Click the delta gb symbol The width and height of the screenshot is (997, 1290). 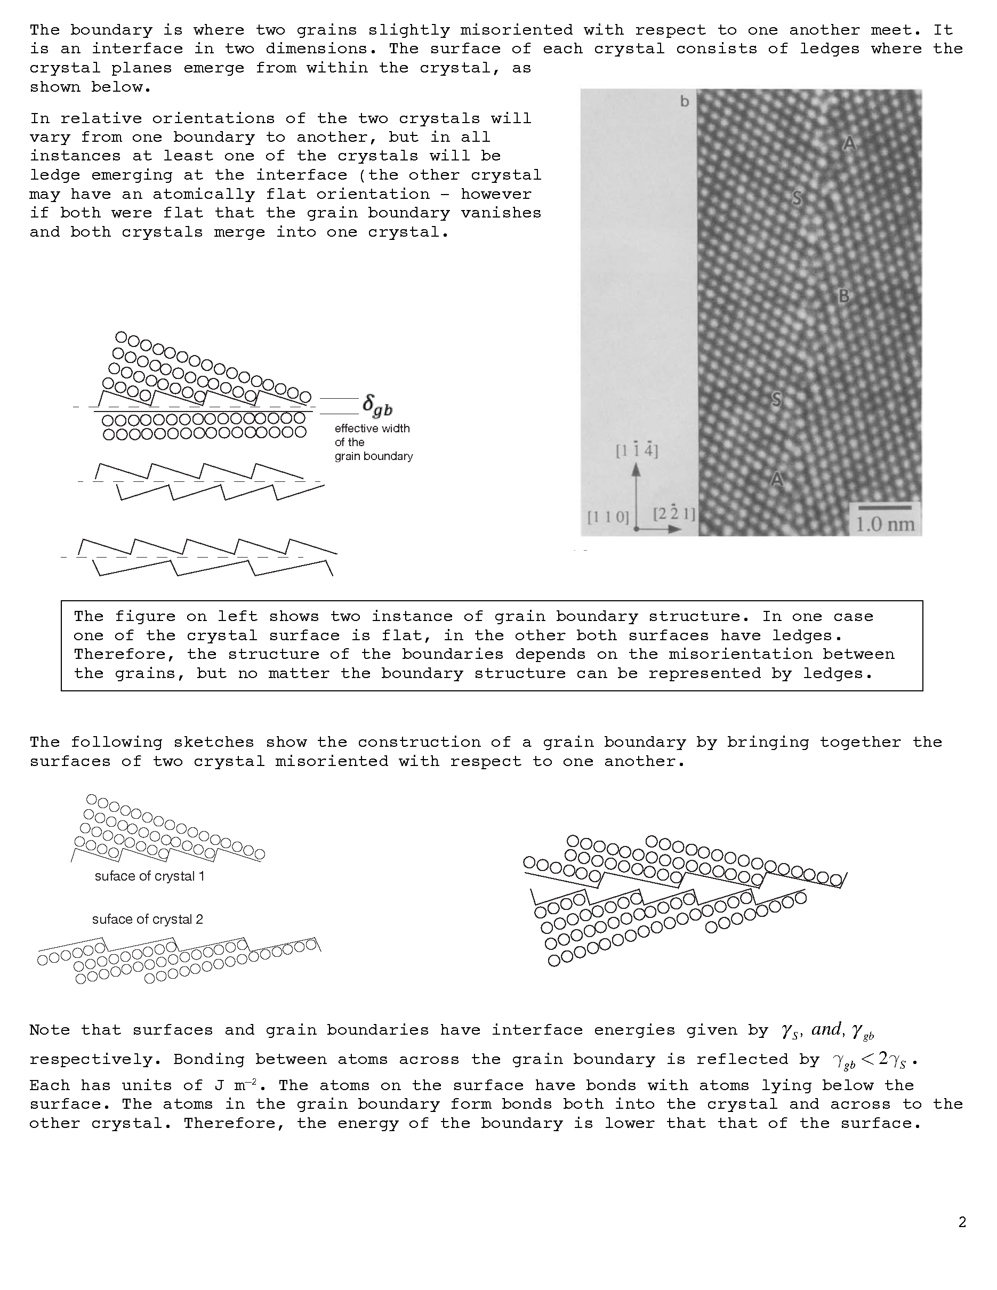point(377,406)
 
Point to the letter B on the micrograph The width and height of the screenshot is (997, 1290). point(844,296)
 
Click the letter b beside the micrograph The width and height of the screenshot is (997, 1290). point(685,102)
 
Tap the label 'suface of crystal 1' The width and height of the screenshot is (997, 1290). point(149,876)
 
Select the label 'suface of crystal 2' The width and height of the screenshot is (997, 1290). point(147,919)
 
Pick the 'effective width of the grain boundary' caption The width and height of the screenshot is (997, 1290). point(373,442)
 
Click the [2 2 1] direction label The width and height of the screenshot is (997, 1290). point(674,513)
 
